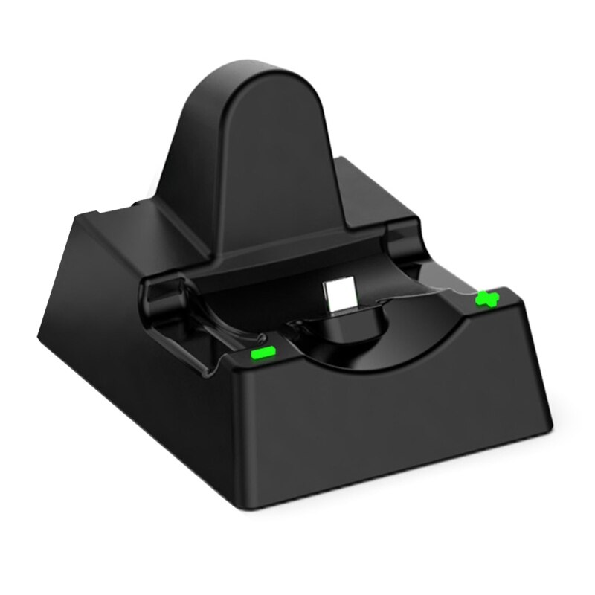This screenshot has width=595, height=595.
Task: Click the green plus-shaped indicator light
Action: pyautogui.click(x=487, y=299)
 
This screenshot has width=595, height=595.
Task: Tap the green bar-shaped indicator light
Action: pyautogui.click(x=264, y=352)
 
